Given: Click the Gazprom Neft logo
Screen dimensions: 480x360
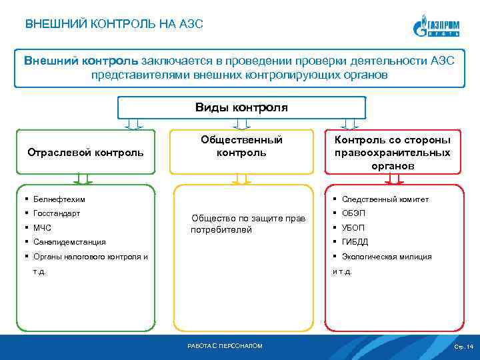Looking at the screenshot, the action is pyautogui.click(x=438, y=27).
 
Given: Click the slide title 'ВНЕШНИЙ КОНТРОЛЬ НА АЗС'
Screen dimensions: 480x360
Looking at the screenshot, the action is pyautogui.click(x=114, y=25).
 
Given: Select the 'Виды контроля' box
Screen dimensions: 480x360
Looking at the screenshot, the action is pyautogui.click(x=241, y=107).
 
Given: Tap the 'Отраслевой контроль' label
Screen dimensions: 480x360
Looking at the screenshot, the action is pyautogui.click(x=85, y=152).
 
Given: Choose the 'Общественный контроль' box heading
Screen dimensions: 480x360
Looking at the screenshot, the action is pyautogui.click(x=241, y=146).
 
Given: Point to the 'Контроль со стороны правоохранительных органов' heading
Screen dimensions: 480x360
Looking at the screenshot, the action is pyautogui.click(x=393, y=152).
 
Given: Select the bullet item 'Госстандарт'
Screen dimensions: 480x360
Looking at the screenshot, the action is pyautogui.click(x=57, y=213).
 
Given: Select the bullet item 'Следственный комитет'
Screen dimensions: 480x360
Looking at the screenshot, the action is pyautogui.click(x=385, y=199).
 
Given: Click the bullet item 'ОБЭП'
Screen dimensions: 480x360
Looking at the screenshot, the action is pyautogui.click(x=354, y=213).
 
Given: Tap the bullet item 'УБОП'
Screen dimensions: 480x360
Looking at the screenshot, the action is pyautogui.click(x=354, y=228).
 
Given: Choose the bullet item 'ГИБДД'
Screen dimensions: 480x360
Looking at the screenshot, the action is pyautogui.click(x=355, y=242).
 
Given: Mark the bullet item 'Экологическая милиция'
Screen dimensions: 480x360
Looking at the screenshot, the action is pyautogui.click(x=386, y=257).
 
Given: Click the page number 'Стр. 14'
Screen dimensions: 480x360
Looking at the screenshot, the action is pyautogui.click(x=463, y=347).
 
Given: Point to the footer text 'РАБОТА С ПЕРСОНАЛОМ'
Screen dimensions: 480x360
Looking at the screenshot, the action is pyautogui.click(x=225, y=346).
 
